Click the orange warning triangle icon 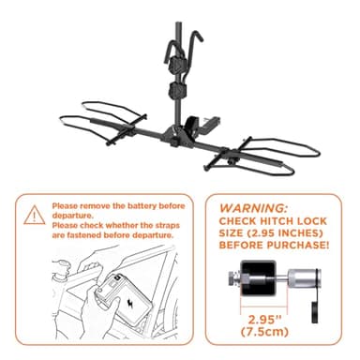[35, 216]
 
